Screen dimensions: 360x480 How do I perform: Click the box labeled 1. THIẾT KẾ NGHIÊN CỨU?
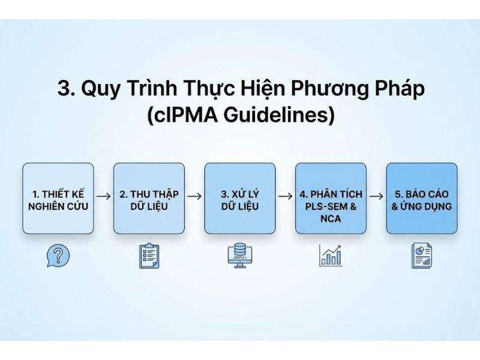click(x=58, y=198)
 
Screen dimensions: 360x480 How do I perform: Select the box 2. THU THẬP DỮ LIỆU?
click(x=149, y=198)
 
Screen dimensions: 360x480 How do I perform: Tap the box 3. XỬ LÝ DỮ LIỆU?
click(x=240, y=198)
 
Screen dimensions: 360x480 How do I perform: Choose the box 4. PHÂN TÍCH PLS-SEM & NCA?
click(x=331, y=198)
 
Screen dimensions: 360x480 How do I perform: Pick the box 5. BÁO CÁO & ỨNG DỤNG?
click(x=421, y=198)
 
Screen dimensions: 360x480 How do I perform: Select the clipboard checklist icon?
click(x=149, y=256)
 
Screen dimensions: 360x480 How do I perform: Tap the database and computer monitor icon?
click(x=240, y=256)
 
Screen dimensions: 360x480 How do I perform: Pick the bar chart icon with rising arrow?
click(x=331, y=255)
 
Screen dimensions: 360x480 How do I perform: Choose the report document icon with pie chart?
click(x=422, y=256)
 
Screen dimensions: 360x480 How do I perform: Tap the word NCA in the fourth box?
click(x=331, y=219)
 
